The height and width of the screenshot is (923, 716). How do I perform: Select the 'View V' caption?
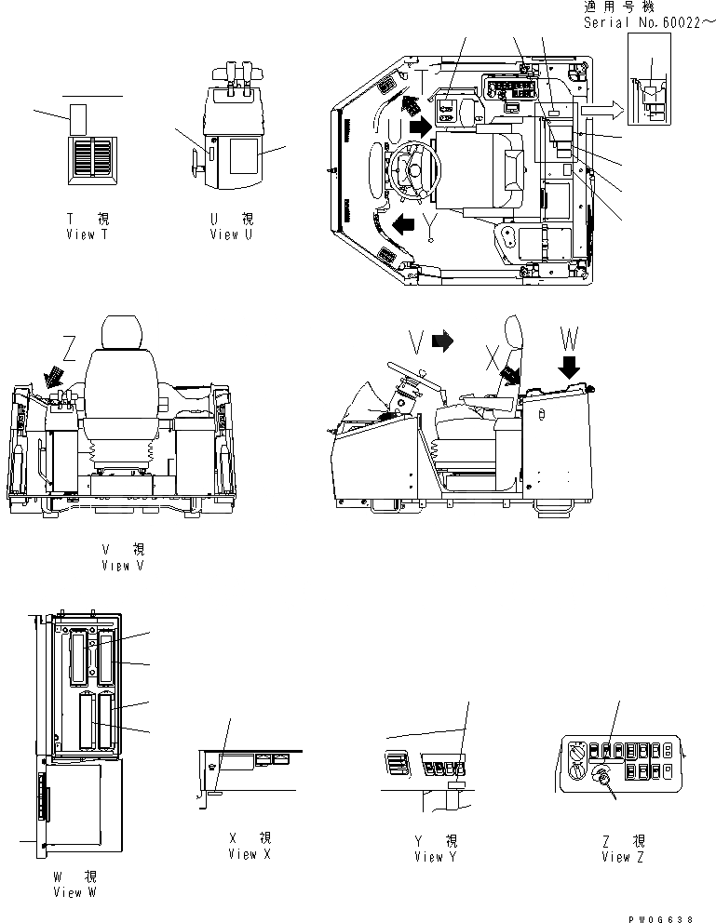122,565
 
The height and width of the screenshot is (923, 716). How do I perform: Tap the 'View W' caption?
74,892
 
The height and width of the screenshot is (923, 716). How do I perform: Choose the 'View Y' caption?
436,856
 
